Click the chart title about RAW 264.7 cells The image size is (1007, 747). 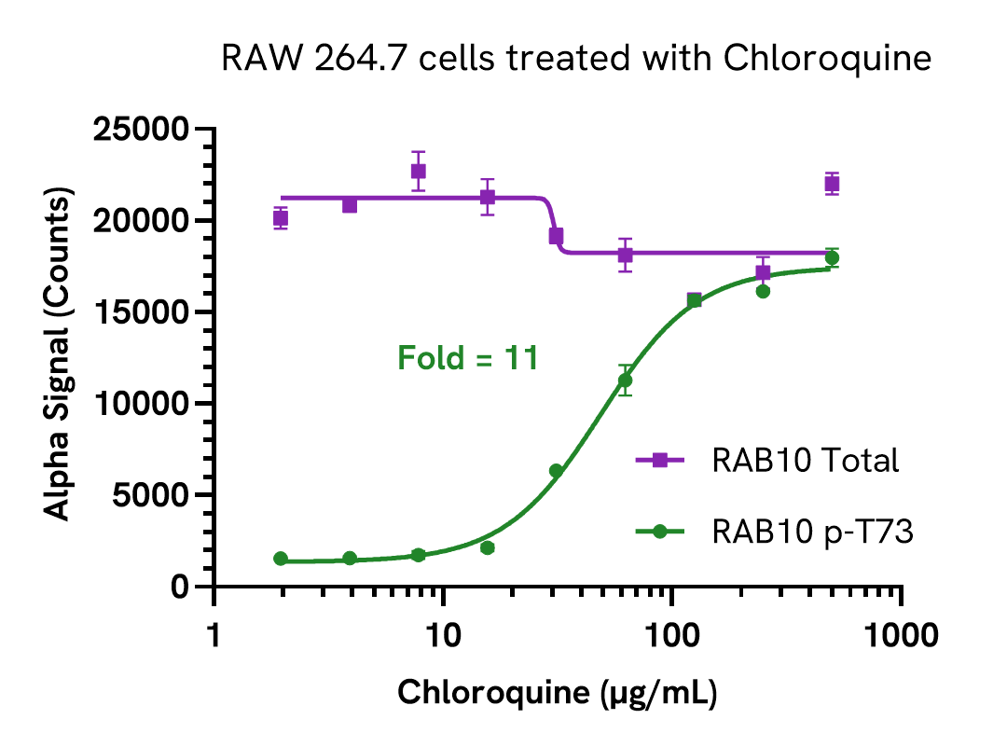tap(577, 60)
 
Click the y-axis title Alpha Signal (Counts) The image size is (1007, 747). tap(58, 357)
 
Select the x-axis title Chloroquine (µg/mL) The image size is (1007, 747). tap(558, 693)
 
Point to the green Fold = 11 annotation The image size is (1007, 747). tap(468, 358)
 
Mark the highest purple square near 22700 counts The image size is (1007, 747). tap(419, 171)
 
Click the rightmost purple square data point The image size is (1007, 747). tap(832, 184)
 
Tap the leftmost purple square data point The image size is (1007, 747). tap(281, 218)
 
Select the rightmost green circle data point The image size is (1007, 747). tap(832, 258)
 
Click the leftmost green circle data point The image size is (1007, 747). tap(281, 559)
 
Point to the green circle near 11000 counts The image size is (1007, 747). tap(625, 380)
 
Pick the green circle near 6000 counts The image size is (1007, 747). tap(556, 471)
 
